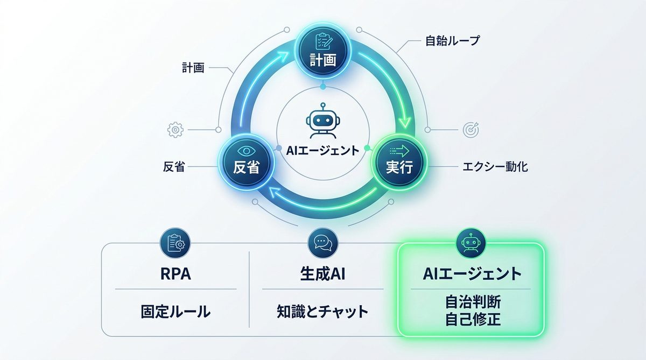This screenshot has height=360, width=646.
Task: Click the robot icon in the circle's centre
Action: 322,120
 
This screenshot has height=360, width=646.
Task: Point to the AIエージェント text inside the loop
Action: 322,151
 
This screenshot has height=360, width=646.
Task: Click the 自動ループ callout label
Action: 452,41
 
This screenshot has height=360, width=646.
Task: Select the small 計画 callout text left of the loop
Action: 193,68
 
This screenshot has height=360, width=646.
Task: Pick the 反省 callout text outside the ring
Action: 173,167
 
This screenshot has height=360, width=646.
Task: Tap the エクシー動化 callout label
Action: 495,167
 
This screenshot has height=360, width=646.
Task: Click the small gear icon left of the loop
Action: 175,130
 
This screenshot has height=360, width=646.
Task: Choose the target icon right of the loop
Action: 470,130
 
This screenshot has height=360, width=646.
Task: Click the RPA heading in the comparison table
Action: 175,274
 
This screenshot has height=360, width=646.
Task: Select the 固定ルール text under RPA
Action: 175,311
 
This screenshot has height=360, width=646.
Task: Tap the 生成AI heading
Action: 322,274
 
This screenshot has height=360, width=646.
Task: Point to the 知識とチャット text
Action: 322,311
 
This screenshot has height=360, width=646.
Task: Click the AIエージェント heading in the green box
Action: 471,274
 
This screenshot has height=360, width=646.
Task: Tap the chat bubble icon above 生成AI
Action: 323,244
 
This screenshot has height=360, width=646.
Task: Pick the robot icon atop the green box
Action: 471,244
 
